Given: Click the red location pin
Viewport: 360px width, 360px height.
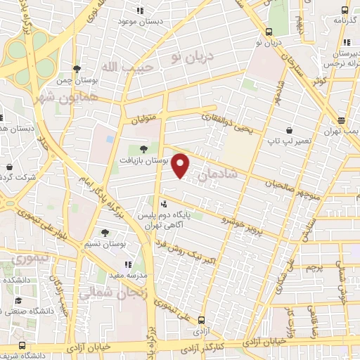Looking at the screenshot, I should (181, 165).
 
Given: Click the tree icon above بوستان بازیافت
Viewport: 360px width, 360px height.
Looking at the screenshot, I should (144, 148).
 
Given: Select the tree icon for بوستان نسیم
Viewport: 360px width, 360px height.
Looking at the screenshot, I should (105, 232).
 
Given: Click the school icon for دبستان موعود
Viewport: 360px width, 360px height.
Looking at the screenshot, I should (139, 11).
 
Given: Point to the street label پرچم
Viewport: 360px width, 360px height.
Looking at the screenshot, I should (314, 267).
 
